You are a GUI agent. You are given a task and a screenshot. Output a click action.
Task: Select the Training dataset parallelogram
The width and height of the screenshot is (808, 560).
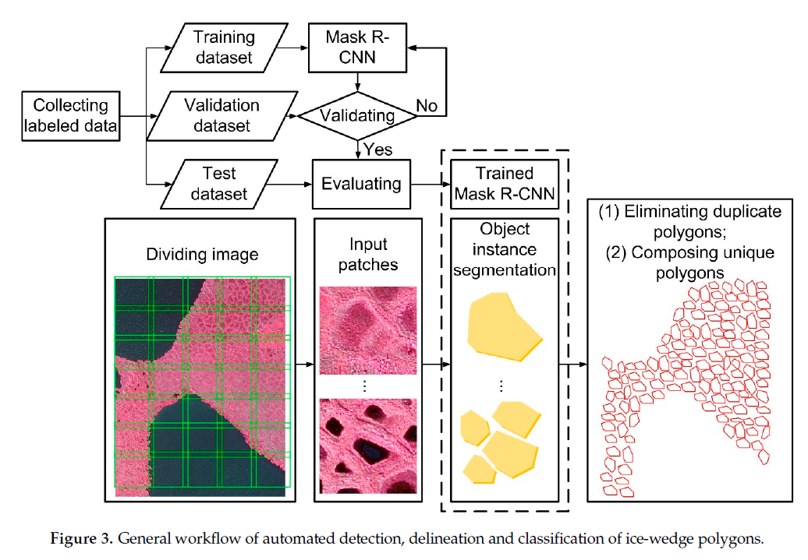point(224,47)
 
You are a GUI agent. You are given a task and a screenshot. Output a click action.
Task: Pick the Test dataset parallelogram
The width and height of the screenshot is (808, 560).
point(220,184)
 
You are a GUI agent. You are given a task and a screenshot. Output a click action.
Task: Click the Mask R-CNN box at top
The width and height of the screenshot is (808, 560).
point(356,47)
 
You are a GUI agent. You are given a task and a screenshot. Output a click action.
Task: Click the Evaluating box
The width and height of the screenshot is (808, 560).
point(360,185)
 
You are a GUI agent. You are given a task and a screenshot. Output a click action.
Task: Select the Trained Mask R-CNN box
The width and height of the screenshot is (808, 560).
point(505,184)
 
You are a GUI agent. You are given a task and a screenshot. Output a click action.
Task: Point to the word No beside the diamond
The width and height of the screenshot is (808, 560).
point(427,105)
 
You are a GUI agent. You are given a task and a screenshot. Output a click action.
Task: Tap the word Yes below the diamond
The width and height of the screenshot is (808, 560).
point(377,149)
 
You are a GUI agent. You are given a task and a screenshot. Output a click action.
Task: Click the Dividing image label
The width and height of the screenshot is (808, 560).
point(202,254)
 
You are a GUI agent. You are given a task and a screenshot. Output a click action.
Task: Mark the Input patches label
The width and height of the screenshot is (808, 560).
point(367,255)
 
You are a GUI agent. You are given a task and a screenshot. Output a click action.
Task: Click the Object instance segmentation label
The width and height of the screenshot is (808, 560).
point(505,250)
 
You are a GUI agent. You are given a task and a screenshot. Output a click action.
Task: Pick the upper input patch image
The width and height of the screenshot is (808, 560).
point(368,333)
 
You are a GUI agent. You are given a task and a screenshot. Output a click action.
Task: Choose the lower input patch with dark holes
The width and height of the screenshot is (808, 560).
point(368,447)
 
